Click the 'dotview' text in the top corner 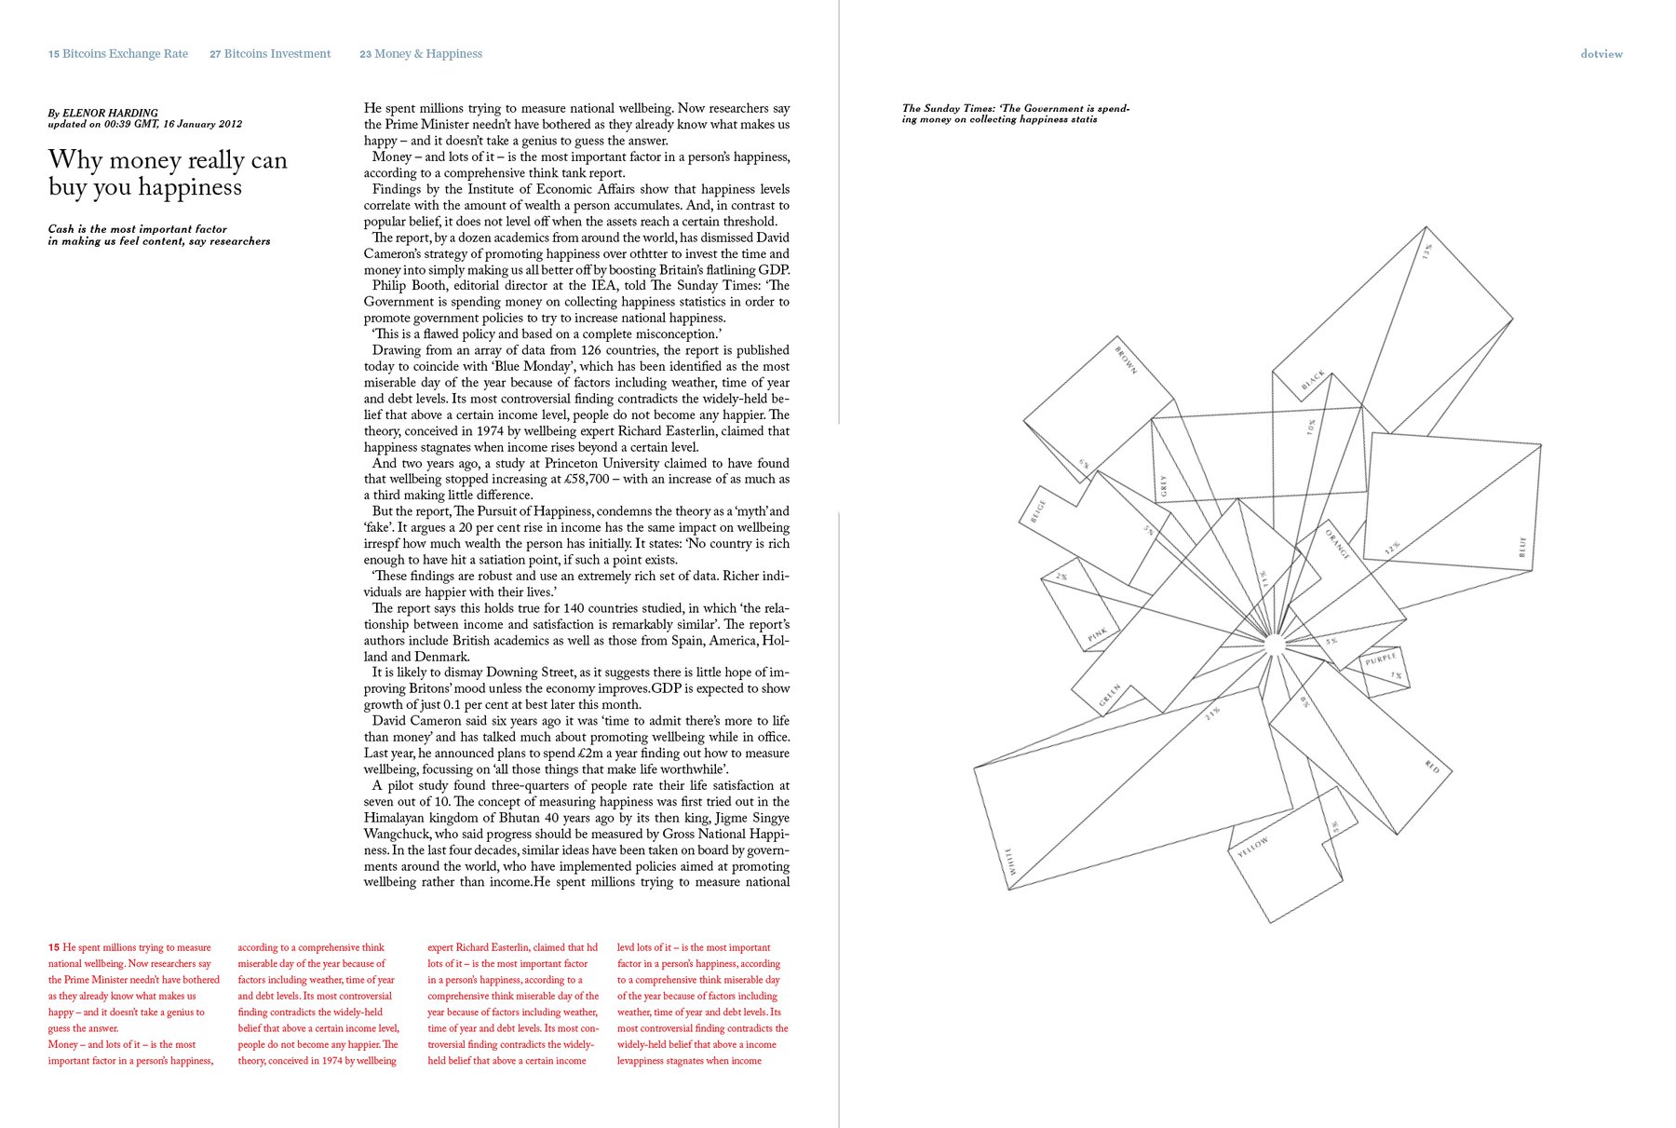point(1601,54)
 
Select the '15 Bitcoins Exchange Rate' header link point(118,54)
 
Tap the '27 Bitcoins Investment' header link point(270,54)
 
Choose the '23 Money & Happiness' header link point(421,54)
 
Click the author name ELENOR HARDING point(110,113)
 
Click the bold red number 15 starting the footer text point(54,947)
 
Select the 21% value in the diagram point(1211,713)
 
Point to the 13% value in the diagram point(1426,251)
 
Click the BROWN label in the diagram point(1126,360)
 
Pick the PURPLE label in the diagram point(1380,659)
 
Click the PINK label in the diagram point(1098,635)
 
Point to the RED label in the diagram point(1432,768)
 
